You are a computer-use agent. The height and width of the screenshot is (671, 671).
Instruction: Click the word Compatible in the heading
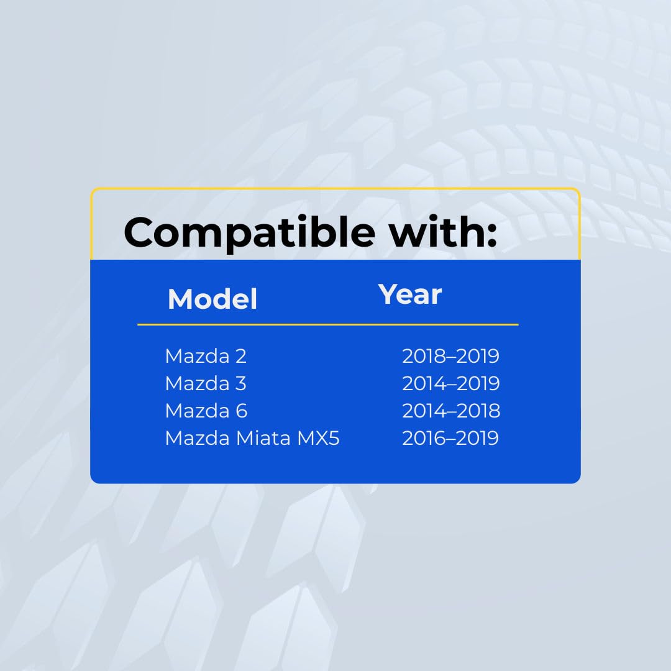click(x=250, y=232)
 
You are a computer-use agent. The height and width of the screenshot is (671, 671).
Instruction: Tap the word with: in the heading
click(x=442, y=231)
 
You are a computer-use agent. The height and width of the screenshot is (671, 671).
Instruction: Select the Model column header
click(x=212, y=299)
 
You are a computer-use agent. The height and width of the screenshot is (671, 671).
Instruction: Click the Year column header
click(x=410, y=294)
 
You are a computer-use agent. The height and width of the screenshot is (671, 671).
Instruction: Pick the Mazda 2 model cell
click(x=206, y=356)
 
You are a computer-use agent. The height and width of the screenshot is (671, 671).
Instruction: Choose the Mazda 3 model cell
click(x=206, y=383)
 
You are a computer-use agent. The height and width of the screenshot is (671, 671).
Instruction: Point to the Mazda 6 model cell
click(x=206, y=411)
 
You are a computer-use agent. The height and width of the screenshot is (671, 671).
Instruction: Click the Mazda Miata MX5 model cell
click(x=252, y=438)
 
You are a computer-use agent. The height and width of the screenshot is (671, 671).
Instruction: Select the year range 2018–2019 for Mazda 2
click(x=450, y=356)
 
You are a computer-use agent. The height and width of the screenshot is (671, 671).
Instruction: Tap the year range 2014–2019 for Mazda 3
click(x=450, y=383)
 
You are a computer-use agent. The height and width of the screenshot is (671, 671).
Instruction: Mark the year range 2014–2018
click(x=451, y=411)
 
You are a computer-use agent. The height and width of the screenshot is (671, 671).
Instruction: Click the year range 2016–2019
click(x=450, y=438)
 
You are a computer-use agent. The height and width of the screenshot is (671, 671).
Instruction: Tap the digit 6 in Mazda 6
click(x=241, y=411)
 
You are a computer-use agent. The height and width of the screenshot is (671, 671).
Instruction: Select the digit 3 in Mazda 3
click(x=241, y=383)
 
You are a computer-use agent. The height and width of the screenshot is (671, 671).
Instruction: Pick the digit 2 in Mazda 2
click(x=241, y=356)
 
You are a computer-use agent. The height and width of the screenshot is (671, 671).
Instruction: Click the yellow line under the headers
click(x=328, y=325)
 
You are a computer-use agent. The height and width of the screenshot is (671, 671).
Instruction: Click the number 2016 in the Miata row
click(x=423, y=438)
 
